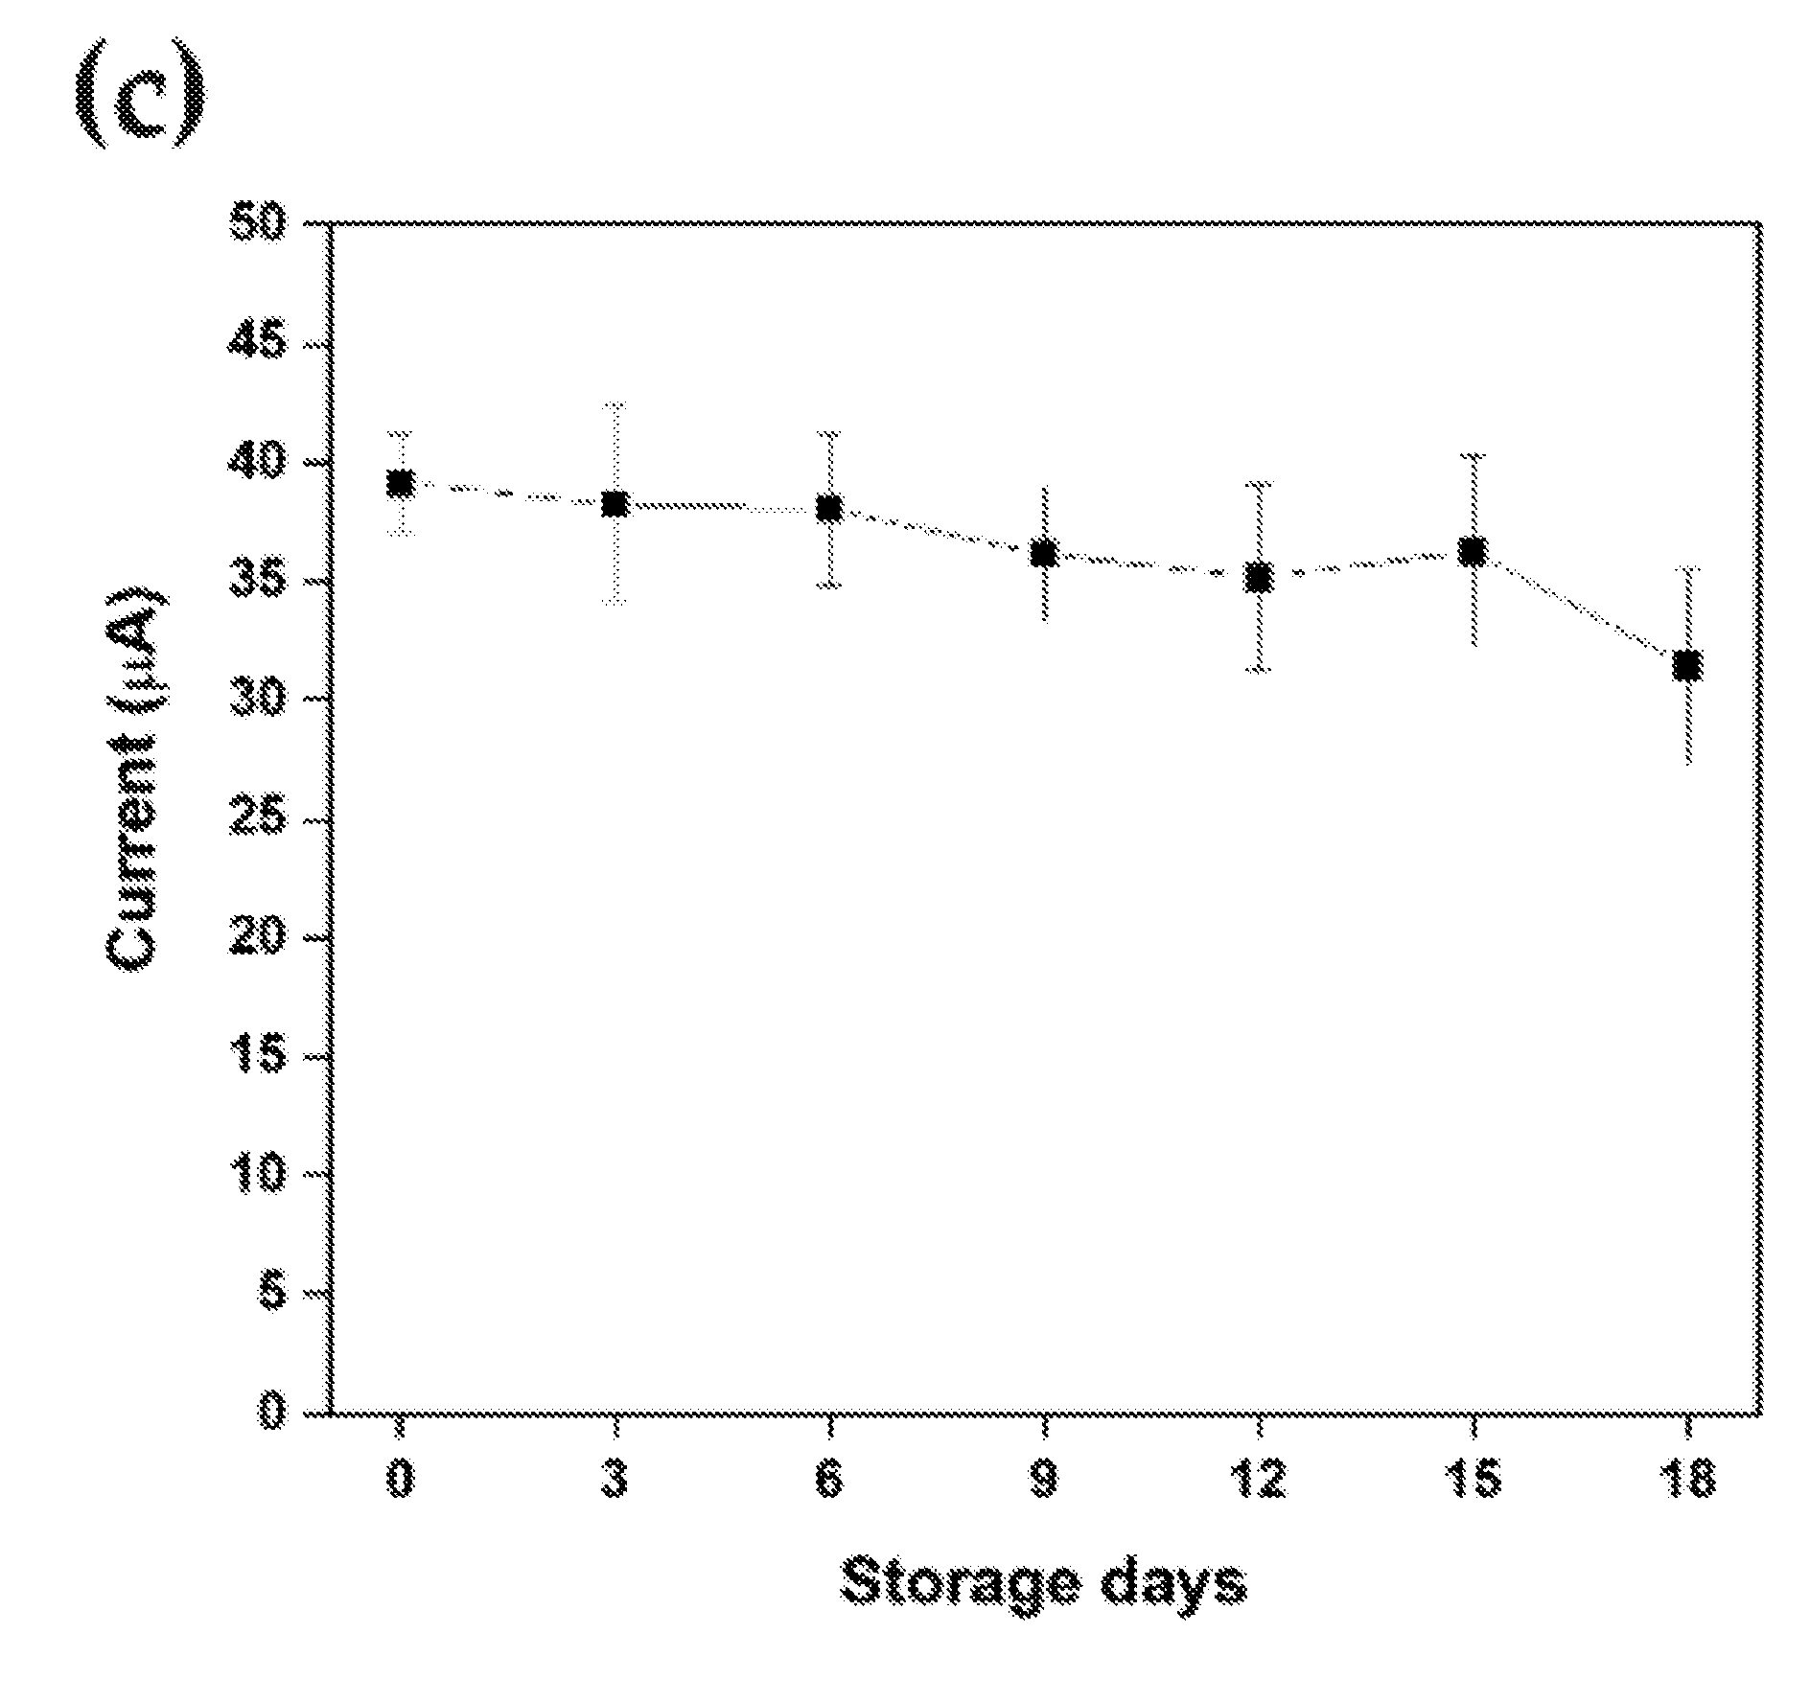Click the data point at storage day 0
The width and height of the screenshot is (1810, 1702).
(400, 484)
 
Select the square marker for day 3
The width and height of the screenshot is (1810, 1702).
(615, 504)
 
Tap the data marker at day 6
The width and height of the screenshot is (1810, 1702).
(829, 508)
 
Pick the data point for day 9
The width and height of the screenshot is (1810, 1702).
(1044, 553)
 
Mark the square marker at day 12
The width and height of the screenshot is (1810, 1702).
(1259, 578)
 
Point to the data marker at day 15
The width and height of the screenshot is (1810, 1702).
(1473, 552)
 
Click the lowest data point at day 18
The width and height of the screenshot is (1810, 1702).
(1687, 665)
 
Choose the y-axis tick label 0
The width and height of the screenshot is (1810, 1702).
(272, 1414)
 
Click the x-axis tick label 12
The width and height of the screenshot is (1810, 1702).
(1259, 1481)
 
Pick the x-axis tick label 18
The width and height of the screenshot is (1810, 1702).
(1687, 1481)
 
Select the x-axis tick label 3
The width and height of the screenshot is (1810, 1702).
(615, 1481)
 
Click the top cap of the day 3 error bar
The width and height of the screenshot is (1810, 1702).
(615, 405)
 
